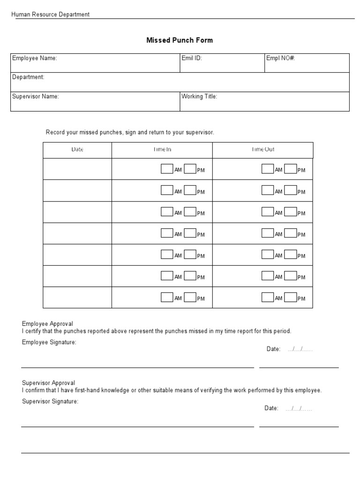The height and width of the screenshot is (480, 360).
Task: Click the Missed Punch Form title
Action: [x=180, y=40]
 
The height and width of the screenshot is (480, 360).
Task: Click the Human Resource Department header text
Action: [x=51, y=15]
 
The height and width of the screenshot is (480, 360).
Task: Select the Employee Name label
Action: [x=35, y=58]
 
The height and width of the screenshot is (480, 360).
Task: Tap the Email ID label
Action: [x=192, y=58]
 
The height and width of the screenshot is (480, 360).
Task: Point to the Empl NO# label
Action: [x=280, y=58]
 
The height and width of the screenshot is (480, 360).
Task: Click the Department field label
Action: [x=28, y=77]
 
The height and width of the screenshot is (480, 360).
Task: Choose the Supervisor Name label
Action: [x=36, y=96]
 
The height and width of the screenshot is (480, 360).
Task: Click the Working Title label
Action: [x=199, y=96]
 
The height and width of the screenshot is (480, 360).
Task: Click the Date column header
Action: [x=77, y=150]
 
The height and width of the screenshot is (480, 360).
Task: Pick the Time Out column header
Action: [x=263, y=150]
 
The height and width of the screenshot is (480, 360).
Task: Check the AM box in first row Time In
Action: [x=167, y=169]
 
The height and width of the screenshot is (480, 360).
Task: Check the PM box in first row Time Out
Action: [x=291, y=169]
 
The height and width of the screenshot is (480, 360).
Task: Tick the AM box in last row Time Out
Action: [x=268, y=297]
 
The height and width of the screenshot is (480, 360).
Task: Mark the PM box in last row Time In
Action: [x=190, y=297]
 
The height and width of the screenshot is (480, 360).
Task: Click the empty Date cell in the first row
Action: [x=77, y=169]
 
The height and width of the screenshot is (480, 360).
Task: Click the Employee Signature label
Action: [x=49, y=342]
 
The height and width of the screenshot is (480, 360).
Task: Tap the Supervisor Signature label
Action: [x=50, y=401]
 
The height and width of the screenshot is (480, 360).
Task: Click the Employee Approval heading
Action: [x=47, y=324]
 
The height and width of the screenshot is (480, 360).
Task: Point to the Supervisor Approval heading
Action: [x=48, y=383]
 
